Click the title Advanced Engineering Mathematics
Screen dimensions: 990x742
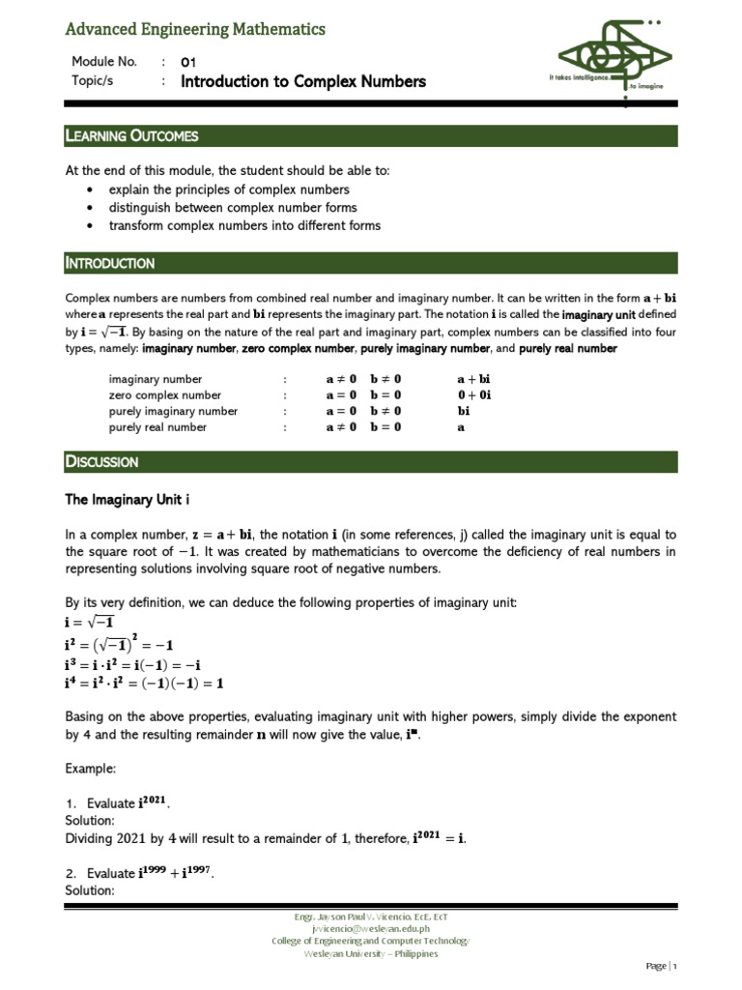[x=194, y=30]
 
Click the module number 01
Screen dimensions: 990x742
[x=188, y=62]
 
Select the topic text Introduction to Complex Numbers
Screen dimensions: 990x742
[x=302, y=82]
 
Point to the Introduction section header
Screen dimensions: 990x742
[x=109, y=263]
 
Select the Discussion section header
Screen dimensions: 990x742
[x=101, y=461]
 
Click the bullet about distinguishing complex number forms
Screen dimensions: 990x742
[x=232, y=208]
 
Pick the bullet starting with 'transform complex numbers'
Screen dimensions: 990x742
[x=244, y=226]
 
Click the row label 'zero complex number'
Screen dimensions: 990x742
[x=164, y=395]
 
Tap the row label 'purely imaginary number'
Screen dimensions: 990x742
[x=173, y=411]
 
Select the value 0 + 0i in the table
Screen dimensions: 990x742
[x=474, y=395]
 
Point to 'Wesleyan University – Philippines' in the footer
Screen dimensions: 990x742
[x=370, y=953]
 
